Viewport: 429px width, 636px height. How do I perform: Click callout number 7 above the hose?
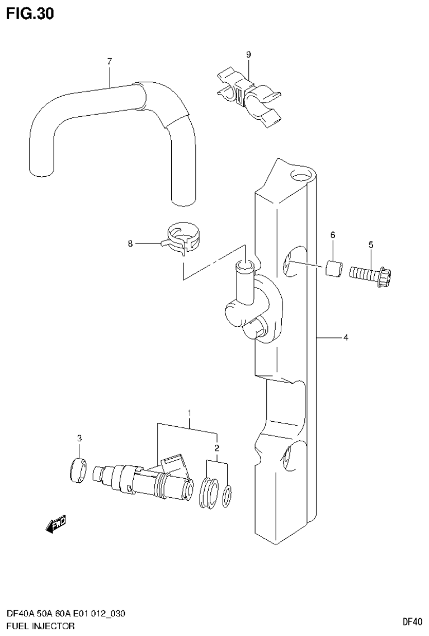(x=110, y=61)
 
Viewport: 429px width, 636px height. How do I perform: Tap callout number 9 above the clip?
(x=248, y=54)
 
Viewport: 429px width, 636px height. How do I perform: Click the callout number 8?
(x=130, y=243)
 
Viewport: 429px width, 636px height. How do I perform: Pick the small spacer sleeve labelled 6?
(x=334, y=269)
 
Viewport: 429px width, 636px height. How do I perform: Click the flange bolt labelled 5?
(x=370, y=275)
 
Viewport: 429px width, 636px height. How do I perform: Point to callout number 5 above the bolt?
(x=370, y=244)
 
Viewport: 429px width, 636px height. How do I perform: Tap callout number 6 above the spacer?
(x=332, y=235)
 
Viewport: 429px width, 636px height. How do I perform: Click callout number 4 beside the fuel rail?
(x=346, y=337)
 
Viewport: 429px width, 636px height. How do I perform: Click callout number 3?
(x=79, y=437)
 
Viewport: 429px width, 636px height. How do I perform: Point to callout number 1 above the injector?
(x=190, y=413)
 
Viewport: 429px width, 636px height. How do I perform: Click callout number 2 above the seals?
(x=216, y=448)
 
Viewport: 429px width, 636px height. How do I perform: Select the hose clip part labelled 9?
(x=248, y=94)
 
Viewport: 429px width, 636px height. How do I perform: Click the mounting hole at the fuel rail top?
(x=300, y=177)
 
